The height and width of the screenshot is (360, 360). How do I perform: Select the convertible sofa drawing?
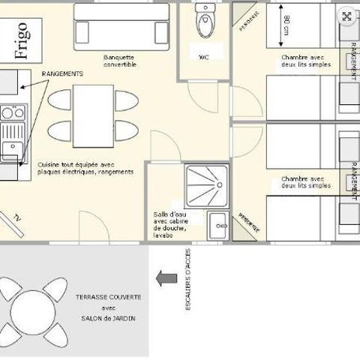(x=121, y=31)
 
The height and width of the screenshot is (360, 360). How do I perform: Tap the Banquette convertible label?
(x=120, y=59)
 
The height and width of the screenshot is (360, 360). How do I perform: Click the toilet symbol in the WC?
(x=204, y=22)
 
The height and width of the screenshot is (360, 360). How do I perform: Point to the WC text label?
(x=204, y=57)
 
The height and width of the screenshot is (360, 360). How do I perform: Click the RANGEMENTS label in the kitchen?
(x=62, y=74)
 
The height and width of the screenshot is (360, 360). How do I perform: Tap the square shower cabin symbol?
(x=208, y=185)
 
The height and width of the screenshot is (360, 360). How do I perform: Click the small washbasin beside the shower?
(x=217, y=223)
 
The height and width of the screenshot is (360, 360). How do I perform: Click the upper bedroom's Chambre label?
(x=303, y=60)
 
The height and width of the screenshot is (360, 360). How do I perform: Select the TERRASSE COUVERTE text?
(x=108, y=297)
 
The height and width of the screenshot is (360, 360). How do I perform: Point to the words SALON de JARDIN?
(x=108, y=317)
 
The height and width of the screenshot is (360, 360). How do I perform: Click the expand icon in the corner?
(x=346, y=16)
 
